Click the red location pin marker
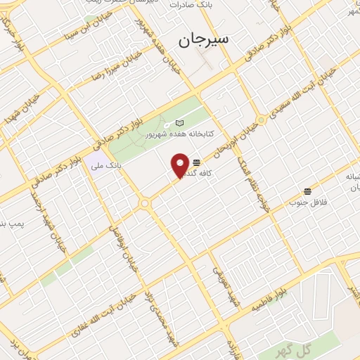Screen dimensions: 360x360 [x=181, y=165]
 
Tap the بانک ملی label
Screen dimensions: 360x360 [x=105, y=166]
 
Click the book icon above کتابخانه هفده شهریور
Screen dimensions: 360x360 [x=179, y=122]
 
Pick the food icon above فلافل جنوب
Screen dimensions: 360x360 [x=307, y=191]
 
